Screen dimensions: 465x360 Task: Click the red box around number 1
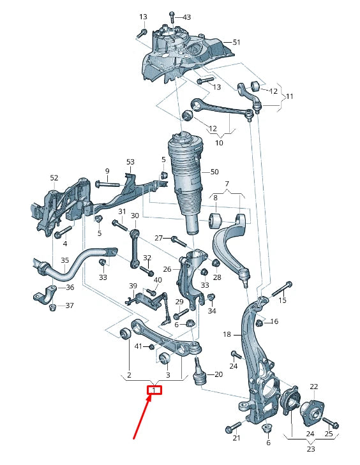[154, 390]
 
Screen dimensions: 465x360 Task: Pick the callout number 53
[130, 162]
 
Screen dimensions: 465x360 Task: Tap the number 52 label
[54, 177]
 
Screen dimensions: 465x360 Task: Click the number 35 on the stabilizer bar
[64, 261]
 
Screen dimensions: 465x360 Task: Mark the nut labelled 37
[53, 307]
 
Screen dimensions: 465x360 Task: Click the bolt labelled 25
[331, 424]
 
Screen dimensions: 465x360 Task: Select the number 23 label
[310, 448]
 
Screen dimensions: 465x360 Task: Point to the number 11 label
[289, 96]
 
